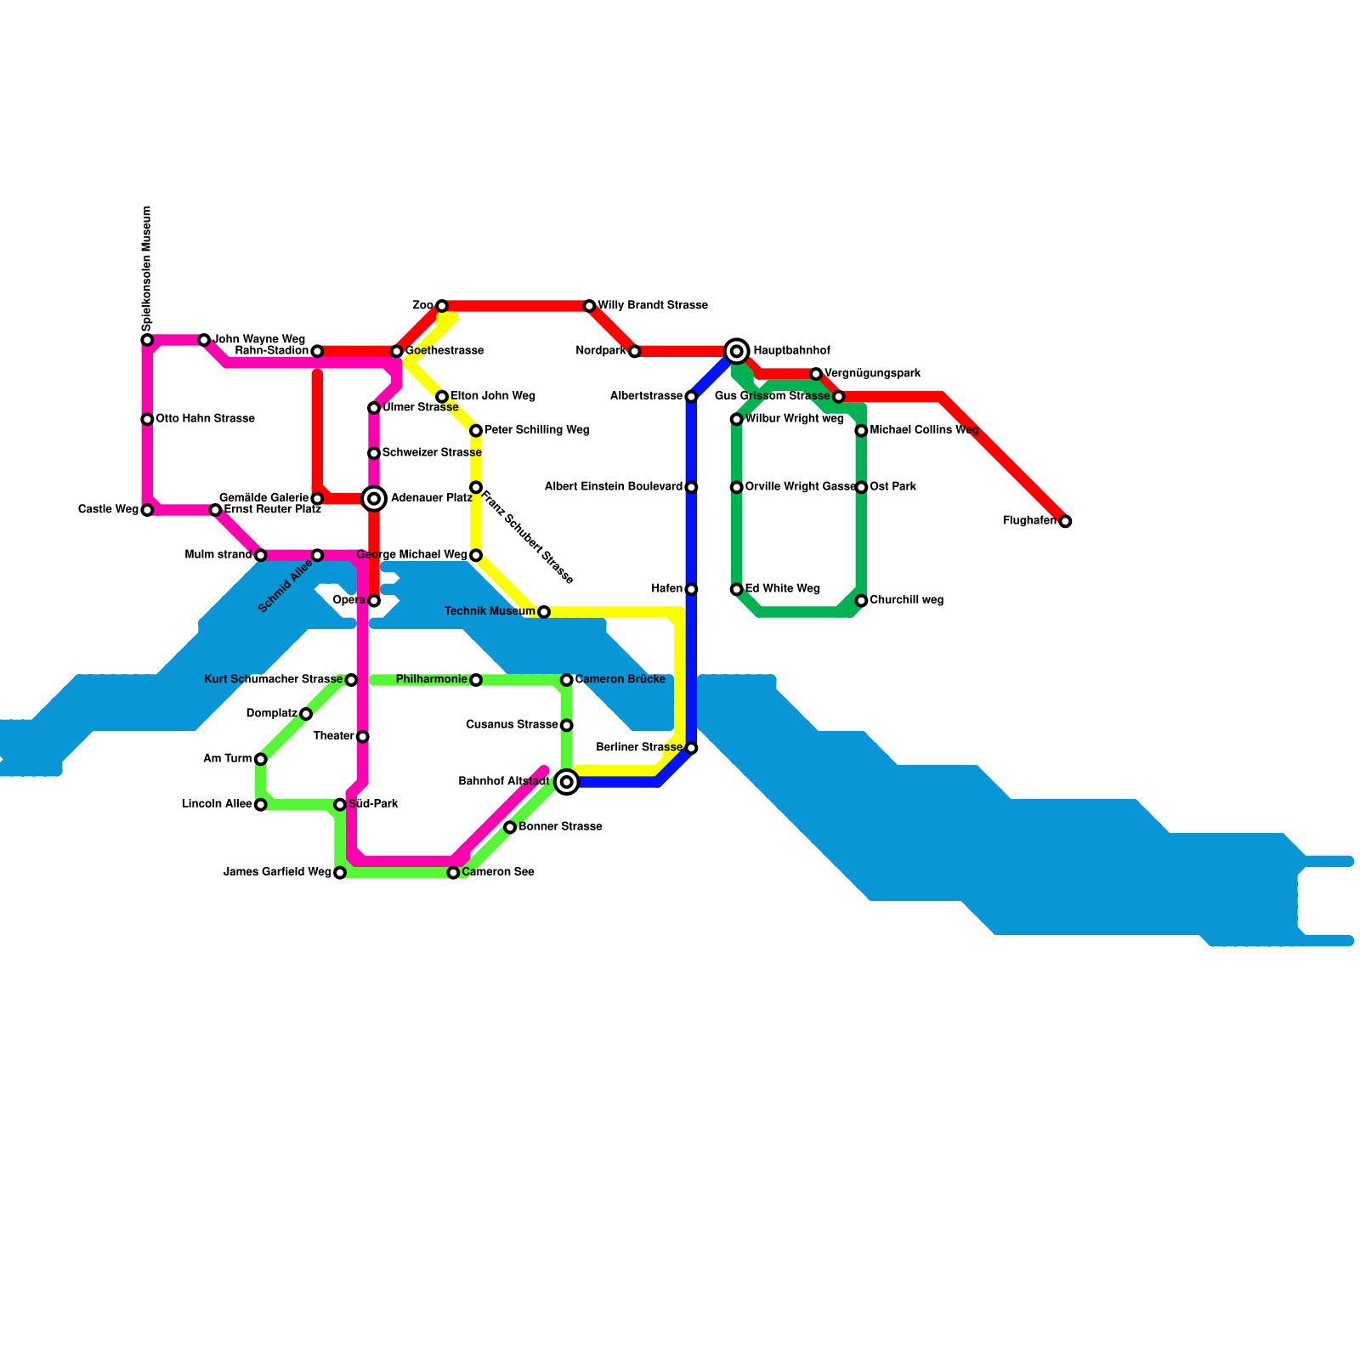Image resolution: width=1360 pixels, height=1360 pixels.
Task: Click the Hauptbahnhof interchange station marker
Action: click(x=737, y=351)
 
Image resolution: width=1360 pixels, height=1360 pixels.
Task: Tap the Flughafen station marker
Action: click(x=1065, y=521)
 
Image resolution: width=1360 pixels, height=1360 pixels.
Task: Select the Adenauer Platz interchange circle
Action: click(x=374, y=499)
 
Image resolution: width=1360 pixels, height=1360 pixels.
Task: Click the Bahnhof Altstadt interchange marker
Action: click(x=567, y=782)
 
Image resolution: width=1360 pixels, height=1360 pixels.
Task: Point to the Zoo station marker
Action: click(x=442, y=306)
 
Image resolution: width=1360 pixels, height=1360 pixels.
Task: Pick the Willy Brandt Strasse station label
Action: click(x=653, y=305)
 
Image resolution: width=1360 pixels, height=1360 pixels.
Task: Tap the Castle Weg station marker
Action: click(x=147, y=510)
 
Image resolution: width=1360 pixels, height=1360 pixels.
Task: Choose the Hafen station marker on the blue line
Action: click(x=691, y=589)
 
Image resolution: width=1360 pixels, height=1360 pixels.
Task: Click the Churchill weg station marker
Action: click(x=861, y=601)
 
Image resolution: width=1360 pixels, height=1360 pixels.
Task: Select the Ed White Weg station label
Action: click(x=782, y=589)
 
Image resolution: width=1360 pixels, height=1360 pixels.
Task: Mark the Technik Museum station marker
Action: click(x=544, y=612)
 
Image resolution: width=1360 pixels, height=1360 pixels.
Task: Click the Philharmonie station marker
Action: click(x=476, y=680)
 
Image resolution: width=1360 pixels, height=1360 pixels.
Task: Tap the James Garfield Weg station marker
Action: click(x=340, y=873)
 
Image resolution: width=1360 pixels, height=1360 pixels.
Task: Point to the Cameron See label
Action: click(x=498, y=872)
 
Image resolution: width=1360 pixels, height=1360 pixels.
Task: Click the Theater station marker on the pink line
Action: click(x=363, y=736)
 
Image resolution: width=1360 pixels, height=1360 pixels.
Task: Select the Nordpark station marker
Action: click(x=634, y=351)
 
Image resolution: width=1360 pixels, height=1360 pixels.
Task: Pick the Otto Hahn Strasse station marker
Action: click(x=147, y=419)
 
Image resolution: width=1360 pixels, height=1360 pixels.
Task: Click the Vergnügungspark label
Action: click(x=873, y=374)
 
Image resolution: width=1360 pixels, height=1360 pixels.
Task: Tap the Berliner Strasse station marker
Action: click(x=691, y=748)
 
